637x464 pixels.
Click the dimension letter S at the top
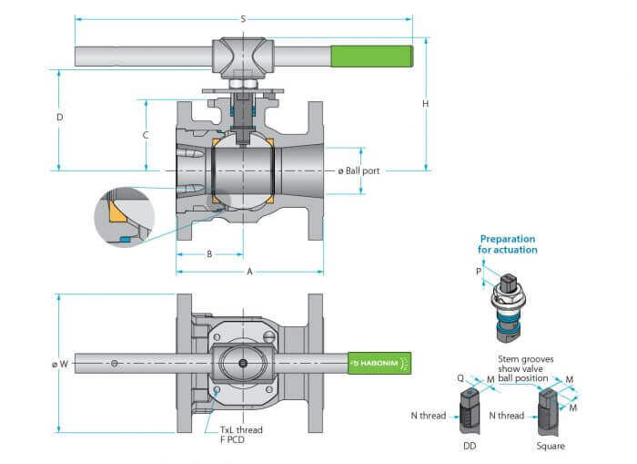point(243,19)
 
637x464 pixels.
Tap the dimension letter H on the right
point(425,104)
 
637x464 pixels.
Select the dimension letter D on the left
point(60,118)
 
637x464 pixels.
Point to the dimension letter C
point(146,135)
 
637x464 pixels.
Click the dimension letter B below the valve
point(209,254)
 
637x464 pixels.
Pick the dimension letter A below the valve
point(249,272)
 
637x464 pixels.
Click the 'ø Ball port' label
point(359,171)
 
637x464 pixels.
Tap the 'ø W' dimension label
point(60,364)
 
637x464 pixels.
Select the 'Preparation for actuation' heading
point(508,244)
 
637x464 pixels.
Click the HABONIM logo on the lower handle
point(379,363)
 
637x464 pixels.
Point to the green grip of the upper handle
point(372,56)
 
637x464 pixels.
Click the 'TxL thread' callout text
point(241,429)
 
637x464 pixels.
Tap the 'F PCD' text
point(232,439)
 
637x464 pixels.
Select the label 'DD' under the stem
point(470,446)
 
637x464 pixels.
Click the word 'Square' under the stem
point(551,446)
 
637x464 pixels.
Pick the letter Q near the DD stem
point(460,378)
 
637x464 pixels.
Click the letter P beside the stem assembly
point(479,271)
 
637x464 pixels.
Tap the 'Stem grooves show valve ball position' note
point(526,369)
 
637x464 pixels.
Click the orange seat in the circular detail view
point(117,211)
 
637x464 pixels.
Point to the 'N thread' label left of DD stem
point(429,416)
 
